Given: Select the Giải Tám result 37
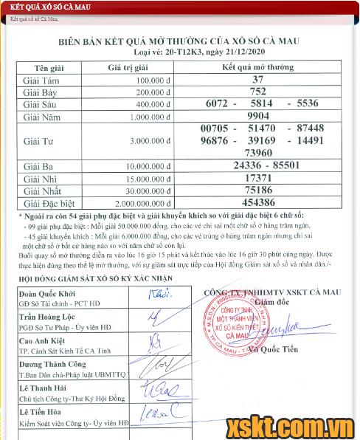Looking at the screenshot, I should pyautogui.click(x=257, y=79).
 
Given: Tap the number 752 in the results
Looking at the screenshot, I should pyautogui.click(x=257, y=92).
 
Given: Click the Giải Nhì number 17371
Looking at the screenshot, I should pyautogui.click(x=257, y=178).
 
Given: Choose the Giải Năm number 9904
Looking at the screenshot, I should pyautogui.click(x=257, y=116).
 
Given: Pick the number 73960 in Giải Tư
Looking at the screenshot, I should pyautogui.click(x=257, y=152).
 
